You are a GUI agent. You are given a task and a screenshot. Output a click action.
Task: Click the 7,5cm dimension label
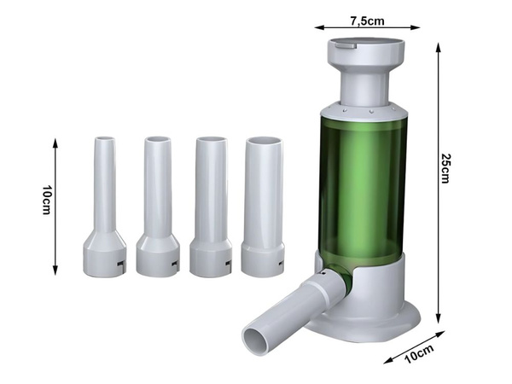[367, 20]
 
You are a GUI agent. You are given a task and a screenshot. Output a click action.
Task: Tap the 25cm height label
[445, 168]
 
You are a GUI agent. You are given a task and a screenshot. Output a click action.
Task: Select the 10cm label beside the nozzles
[47, 200]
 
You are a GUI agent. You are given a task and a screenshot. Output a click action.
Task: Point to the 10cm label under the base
[419, 353]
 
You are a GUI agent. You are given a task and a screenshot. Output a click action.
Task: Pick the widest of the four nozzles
[263, 207]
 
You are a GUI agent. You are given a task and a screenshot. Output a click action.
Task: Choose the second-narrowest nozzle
[158, 207]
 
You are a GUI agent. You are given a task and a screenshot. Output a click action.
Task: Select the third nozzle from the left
[211, 207]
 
